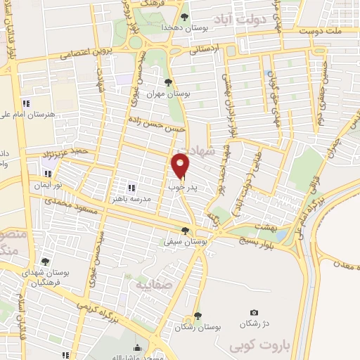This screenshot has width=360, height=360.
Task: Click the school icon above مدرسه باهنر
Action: pyautogui.click(x=131, y=188)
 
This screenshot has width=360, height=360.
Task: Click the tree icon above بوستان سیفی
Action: pyautogui.click(x=186, y=230)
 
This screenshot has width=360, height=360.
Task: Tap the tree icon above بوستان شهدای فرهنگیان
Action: pyautogui.click(x=46, y=261)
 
